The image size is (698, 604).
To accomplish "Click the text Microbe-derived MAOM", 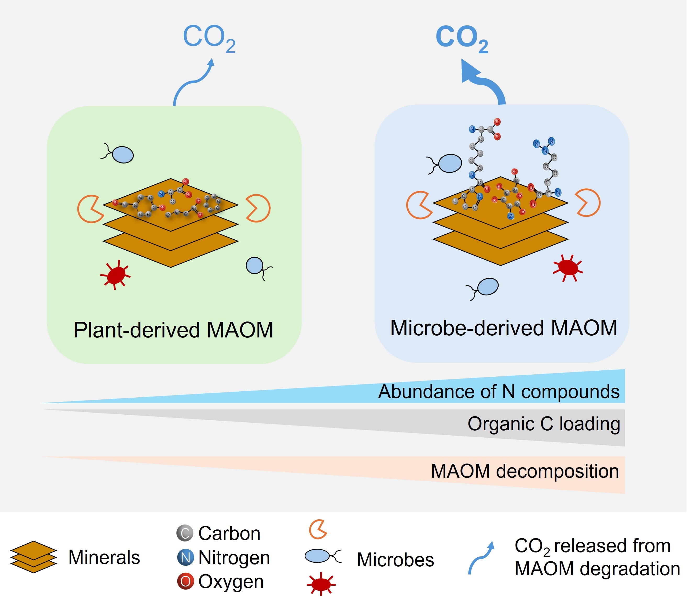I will (x=504, y=328).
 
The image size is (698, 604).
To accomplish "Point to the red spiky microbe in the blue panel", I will (x=568, y=268).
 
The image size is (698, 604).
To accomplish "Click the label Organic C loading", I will (x=544, y=424).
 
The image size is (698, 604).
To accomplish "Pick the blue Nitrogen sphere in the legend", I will (x=185, y=557).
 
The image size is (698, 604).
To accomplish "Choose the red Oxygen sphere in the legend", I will (x=185, y=582).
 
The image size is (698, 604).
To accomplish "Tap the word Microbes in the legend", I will (x=395, y=560).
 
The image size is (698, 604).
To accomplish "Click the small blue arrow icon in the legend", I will (x=481, y=558).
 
